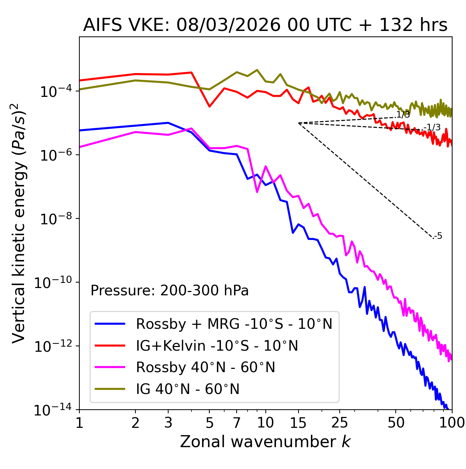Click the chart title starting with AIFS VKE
point(265,25)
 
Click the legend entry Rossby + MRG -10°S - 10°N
point(234,324)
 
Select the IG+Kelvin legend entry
point(217,346)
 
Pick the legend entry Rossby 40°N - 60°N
point(205,367)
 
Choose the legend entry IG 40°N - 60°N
point(187,389)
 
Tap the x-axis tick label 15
point(299,423)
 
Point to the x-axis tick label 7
point(237,423)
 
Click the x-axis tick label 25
point(340,423)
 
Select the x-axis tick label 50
point(396,423)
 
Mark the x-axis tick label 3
point(168,423)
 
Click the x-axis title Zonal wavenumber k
point(265,442)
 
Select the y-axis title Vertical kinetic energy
point(19,223)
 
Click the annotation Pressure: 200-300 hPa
point(169,291)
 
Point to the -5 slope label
point(438,236)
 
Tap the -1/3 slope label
point(433,127)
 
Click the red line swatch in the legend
point(110,346)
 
